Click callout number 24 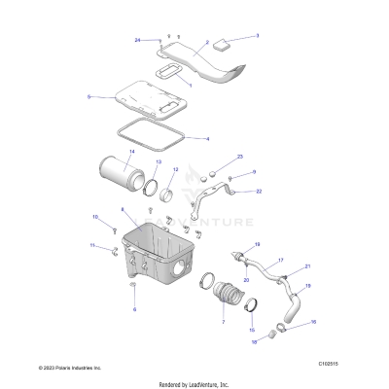(x=138, y=39)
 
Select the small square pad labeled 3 (x=224, y=42)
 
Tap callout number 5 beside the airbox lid (x=89, y=97)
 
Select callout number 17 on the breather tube (x=281, y=261)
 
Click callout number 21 (x=308, y=265)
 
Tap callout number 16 (x=313, y=320)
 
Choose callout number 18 (x=254, y=342)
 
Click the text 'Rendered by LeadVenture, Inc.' (x=194, y=384)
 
